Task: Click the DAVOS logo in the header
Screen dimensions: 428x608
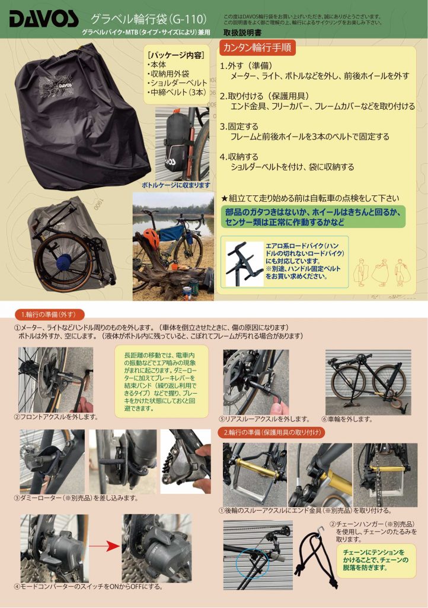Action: (44, 20)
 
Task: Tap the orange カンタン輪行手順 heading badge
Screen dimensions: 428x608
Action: (257, 47)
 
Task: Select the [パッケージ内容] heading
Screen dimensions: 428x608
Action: (176, 55)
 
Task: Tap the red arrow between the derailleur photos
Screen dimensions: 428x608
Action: (104, 546)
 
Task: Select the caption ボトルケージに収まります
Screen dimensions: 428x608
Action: (176, 185)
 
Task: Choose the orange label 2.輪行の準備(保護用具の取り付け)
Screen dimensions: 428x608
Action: (272, 432)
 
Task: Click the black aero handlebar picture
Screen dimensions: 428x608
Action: (244, 263)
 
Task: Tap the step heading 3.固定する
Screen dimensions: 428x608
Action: (239, 126)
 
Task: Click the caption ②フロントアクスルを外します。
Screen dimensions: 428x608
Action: (56, 417)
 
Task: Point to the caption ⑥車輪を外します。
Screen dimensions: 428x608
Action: (347, 419)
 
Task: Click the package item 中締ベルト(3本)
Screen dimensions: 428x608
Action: (177, 92)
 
